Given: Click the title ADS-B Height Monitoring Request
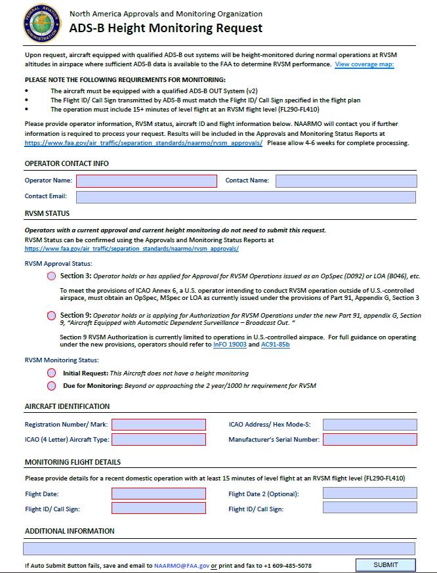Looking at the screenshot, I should coord(165,28).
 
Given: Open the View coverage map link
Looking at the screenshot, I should coord(364,64).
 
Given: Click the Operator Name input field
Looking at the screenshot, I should coord(146,180).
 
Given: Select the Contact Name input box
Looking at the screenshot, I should coord(346,180).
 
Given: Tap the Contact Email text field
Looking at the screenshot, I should coord(246,197).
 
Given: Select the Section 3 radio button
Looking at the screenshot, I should coord(52,276).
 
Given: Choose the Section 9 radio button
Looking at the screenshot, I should coord(52,316).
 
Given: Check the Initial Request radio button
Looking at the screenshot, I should coord(52,373).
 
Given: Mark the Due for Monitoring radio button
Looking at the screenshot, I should coord(52,386).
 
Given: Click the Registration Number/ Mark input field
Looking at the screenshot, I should coord(159,425).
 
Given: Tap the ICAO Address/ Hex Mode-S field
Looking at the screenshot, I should coord(369,425).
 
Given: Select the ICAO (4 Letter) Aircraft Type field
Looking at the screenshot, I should coord(159,440).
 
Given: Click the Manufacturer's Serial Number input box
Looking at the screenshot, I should coord(369,440).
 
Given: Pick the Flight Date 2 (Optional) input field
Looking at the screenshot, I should coord(369,494).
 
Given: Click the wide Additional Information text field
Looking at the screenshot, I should coord(219,549).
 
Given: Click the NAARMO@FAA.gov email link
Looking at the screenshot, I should coord(181,565).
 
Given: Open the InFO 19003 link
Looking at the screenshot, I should coord(230,345).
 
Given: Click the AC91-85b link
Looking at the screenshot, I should coord(276,345).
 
